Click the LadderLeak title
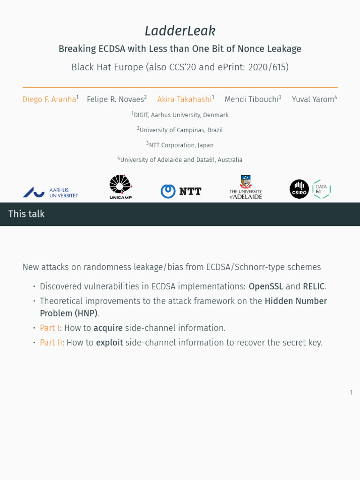(x=180, y=31)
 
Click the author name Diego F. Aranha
(x=49, y=99)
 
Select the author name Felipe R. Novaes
(x=115, y=99)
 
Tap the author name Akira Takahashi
(x=184, y=99)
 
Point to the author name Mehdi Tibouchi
(x=251, y=99)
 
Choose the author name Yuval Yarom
(x=313, y=99)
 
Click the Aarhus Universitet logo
(x=51, y=192)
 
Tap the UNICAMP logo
(x=120, y=187)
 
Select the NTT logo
(x=181, y=191)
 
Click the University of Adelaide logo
(x=246, y=187)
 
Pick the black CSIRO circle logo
(x=299, y=189)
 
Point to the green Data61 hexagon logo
(x=322, y=189)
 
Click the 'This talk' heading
(x=27, y=214)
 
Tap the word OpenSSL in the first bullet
(x=266, y=286)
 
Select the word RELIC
(x=314, y=286)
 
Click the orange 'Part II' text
(x=51, y=343)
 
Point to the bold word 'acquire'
(x=108, y=328)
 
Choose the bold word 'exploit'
(x=109, y=343)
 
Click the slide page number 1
(x=351, y=393)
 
